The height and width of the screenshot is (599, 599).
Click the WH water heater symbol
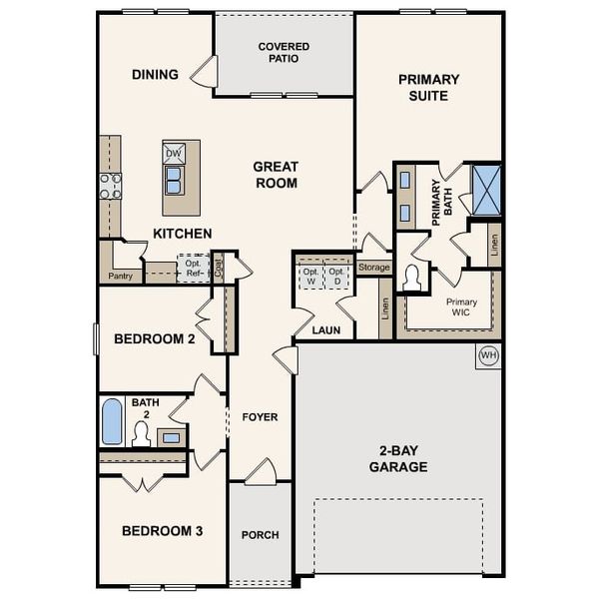[488, 355]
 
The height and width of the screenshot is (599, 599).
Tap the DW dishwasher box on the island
[173, 153]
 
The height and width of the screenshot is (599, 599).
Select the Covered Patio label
[284, 52]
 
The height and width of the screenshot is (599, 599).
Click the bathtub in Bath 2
[113, 421]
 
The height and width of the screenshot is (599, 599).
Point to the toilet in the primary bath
[411, 279]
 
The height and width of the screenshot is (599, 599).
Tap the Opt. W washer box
[309, 277]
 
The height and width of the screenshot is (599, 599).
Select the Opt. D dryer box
[337, 277]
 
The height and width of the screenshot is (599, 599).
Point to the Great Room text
[276, 175]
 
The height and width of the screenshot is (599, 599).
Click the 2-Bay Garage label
[398, 459]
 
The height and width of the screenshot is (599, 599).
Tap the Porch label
[261, 535]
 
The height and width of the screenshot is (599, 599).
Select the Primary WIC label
[461, 306]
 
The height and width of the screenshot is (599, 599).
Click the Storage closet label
[373, 268]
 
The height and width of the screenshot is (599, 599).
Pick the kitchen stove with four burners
[110, 186]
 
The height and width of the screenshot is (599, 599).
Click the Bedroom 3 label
[163, 530]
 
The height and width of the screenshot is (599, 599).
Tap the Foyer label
[261, 416]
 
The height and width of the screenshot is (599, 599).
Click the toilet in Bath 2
[141, 433]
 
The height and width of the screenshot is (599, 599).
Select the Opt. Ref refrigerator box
[193, 269]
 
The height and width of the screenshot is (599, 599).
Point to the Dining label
[155, 74]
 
